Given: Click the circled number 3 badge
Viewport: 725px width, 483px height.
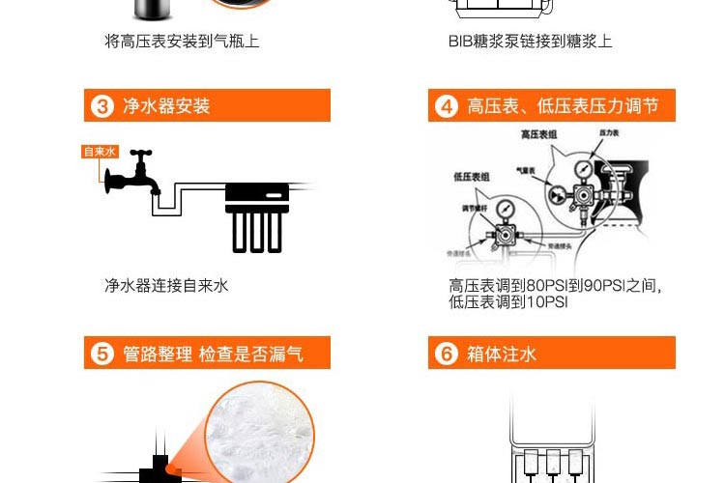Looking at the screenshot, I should (x=102, y=105).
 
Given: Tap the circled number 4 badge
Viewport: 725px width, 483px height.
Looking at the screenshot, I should (x=446, y=105).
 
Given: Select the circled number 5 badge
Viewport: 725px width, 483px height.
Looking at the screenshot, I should (x=102, y=354).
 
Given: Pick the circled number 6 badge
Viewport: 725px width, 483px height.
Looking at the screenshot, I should (x=446, y=354).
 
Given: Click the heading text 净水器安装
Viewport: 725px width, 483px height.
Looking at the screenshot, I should (x=166, y=105).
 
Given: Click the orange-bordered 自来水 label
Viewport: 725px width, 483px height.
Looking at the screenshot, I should (x=100, y=152).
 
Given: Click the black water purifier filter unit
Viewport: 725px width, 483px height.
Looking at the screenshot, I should (x=257, y=217).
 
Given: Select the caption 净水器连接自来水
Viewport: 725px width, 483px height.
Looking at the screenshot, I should (x=166, y=286).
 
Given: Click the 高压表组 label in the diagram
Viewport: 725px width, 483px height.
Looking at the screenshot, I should (x=538, y=135).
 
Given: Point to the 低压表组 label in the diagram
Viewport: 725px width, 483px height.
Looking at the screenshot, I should (x=471, y=177).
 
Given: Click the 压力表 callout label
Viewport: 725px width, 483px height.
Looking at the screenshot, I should (x=610, y=130).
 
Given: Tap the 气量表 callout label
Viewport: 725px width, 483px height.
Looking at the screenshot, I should (x=527, y=170).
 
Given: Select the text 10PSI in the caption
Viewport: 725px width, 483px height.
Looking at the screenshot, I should (x=547, y=302).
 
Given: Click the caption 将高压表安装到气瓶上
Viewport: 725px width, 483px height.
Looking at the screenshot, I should (x=182, y=42).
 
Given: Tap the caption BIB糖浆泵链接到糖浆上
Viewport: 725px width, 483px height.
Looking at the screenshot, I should (x=530, y=42).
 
